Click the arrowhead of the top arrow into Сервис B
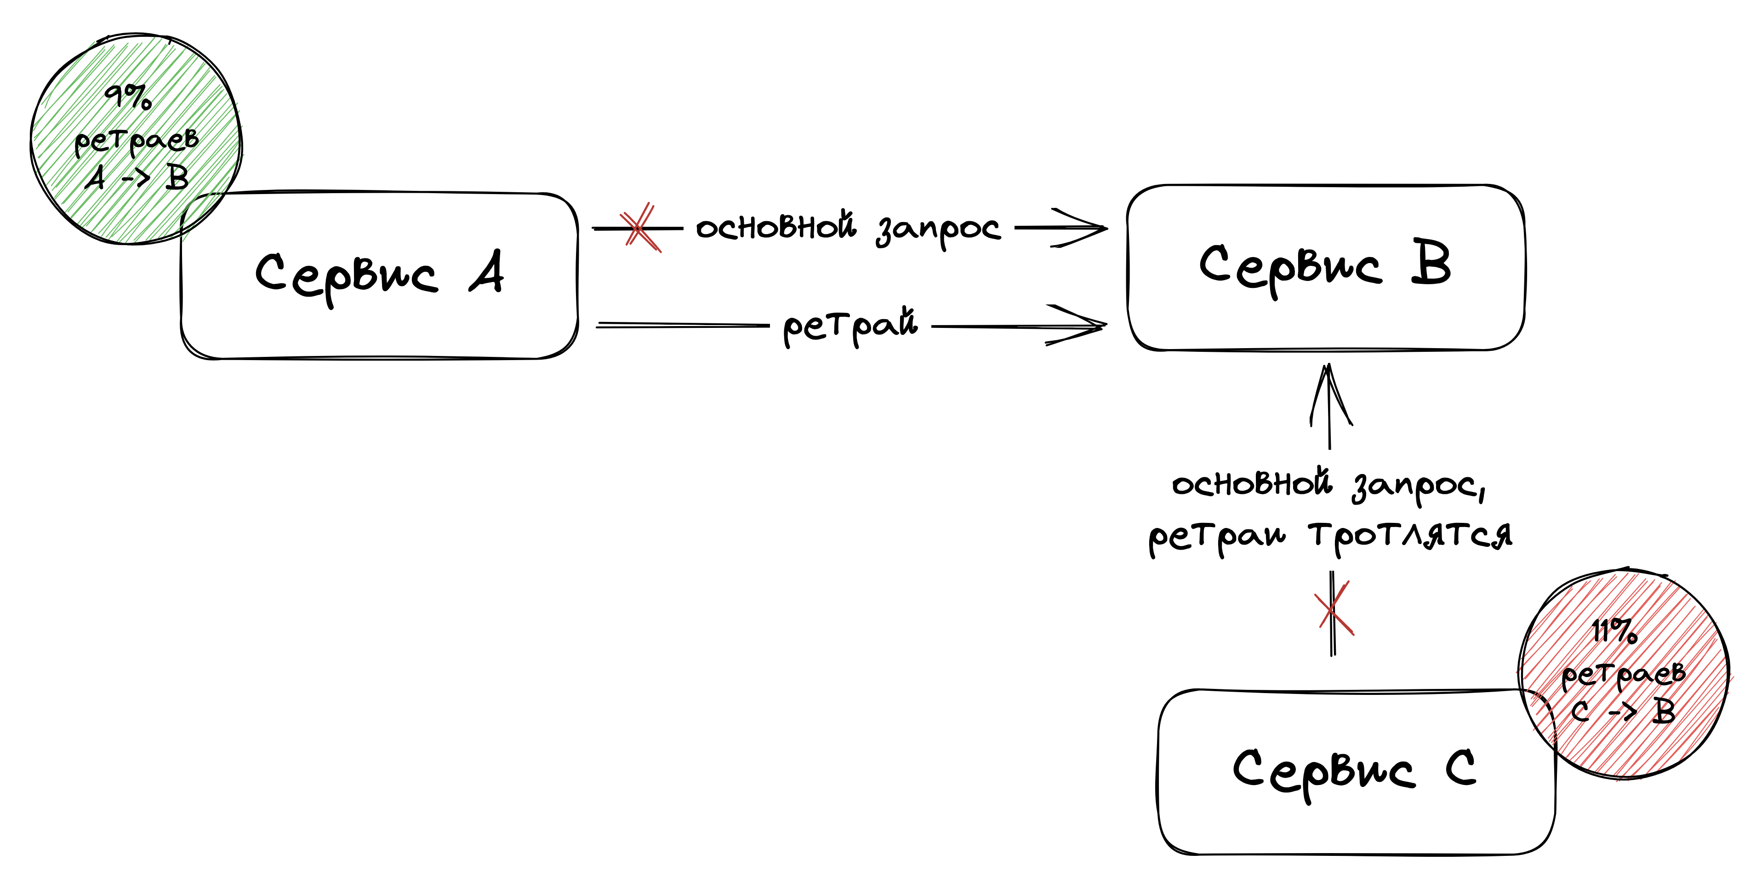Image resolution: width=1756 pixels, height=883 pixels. tap(1091, 229)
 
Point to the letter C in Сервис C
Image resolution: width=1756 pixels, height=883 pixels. tap(1461, 768)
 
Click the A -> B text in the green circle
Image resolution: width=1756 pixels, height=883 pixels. tap(137, 178)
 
